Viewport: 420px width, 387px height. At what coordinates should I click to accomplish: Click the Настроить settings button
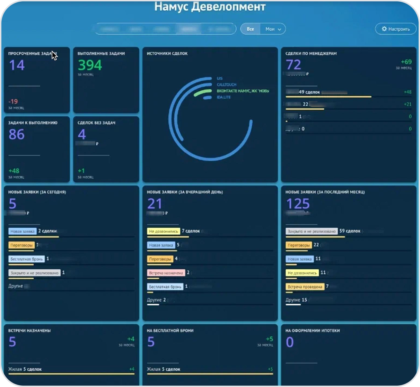396,29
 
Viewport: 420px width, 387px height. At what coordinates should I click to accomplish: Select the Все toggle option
250,29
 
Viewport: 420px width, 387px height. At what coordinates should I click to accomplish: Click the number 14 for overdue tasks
17,65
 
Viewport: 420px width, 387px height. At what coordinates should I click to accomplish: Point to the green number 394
90,65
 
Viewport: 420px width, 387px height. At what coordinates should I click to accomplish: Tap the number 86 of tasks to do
17,134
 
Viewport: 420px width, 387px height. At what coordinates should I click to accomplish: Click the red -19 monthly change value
13,101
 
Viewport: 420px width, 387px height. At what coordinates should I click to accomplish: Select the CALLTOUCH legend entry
226,84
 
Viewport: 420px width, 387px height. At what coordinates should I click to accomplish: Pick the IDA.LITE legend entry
224,97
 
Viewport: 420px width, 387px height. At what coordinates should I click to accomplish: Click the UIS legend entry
220,78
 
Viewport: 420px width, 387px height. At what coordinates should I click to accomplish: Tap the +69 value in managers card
406,62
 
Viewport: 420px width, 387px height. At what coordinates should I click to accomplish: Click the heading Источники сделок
167,54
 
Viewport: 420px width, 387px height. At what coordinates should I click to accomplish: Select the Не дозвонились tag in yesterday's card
164,231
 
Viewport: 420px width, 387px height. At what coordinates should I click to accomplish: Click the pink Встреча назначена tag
166,273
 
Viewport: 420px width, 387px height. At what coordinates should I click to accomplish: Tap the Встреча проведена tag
305,287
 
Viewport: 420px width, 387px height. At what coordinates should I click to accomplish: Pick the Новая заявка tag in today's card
22,231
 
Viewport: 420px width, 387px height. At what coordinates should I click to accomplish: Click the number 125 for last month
298,204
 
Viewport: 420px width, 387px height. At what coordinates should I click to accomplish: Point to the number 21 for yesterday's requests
155,204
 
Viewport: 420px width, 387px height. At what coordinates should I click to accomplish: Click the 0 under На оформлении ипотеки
290,342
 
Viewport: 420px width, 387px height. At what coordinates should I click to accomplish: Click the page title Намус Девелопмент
210,7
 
